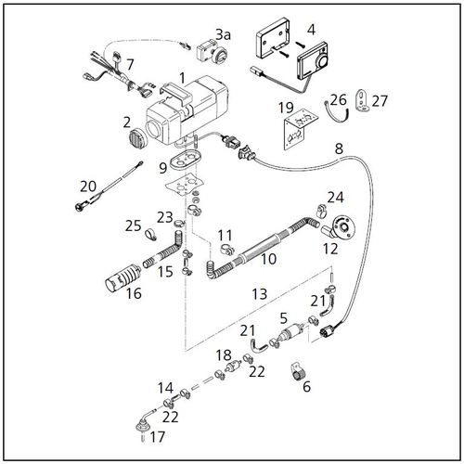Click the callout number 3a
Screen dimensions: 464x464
click(223, 34)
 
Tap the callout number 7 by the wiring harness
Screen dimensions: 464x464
click(130, 65)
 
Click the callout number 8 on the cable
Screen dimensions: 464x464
click(338, 148)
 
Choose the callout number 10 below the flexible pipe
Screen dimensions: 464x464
click(268, 259)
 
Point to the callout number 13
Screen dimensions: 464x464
click(259, 294)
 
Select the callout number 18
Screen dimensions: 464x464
click(223, 355)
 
